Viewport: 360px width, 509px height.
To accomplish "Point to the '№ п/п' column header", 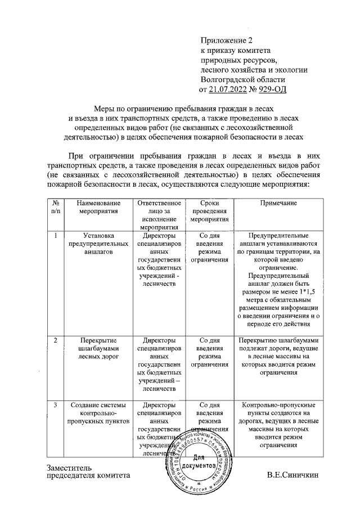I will pos(56,207).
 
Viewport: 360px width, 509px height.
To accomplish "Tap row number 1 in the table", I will pos(55,236).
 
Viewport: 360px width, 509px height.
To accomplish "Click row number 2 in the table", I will pos(55,340).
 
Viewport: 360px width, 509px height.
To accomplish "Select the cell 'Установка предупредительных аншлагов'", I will pos(98,244).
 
